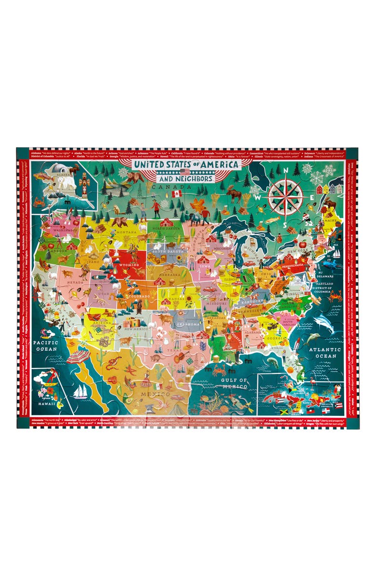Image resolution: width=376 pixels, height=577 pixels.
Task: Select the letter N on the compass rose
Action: (x=285, y=169)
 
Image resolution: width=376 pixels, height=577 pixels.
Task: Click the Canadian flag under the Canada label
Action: (x=176, y=193)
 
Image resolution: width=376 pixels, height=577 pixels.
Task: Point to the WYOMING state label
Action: (x=129, y=265)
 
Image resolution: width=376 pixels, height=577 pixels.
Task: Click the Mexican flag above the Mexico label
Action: (x=158, y=386)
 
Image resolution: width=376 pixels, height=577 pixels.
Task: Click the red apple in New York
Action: (x=302, y=245)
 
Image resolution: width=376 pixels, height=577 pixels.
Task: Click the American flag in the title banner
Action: (x=185, y=171)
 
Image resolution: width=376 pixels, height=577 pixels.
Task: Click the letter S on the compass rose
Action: (x=285, y=224)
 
